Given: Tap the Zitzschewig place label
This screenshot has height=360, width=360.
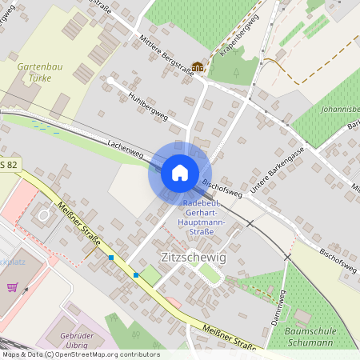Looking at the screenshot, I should [194, 258].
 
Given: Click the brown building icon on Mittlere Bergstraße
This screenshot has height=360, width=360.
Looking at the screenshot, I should [197, 66].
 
